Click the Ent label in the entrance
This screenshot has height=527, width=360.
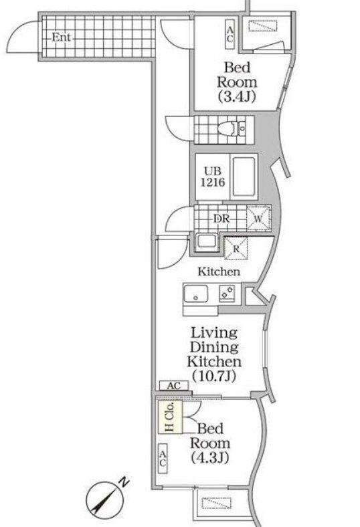point(62,37)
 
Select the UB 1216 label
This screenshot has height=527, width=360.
point(213,177)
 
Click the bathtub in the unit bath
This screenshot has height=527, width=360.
point(244,177)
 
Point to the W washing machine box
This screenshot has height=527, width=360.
point(258,218)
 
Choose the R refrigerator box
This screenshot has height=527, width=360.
point(236,249)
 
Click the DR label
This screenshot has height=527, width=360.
point(221,219)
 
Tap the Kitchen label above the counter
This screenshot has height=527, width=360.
point(219,272)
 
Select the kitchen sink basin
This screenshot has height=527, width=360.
point(195,294)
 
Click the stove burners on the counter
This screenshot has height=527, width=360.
point(228,292)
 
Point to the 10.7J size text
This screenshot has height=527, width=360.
point(214,377)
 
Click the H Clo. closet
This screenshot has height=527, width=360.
point(171,417)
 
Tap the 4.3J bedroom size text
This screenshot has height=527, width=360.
point(210,457)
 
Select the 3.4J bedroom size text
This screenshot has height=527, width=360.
point(237,96)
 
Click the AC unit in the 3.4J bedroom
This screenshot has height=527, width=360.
point(230,34)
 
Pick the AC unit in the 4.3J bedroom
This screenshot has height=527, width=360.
point(163,458)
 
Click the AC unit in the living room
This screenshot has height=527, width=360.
point(174,385)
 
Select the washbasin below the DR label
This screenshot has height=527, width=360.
point(206,241)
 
